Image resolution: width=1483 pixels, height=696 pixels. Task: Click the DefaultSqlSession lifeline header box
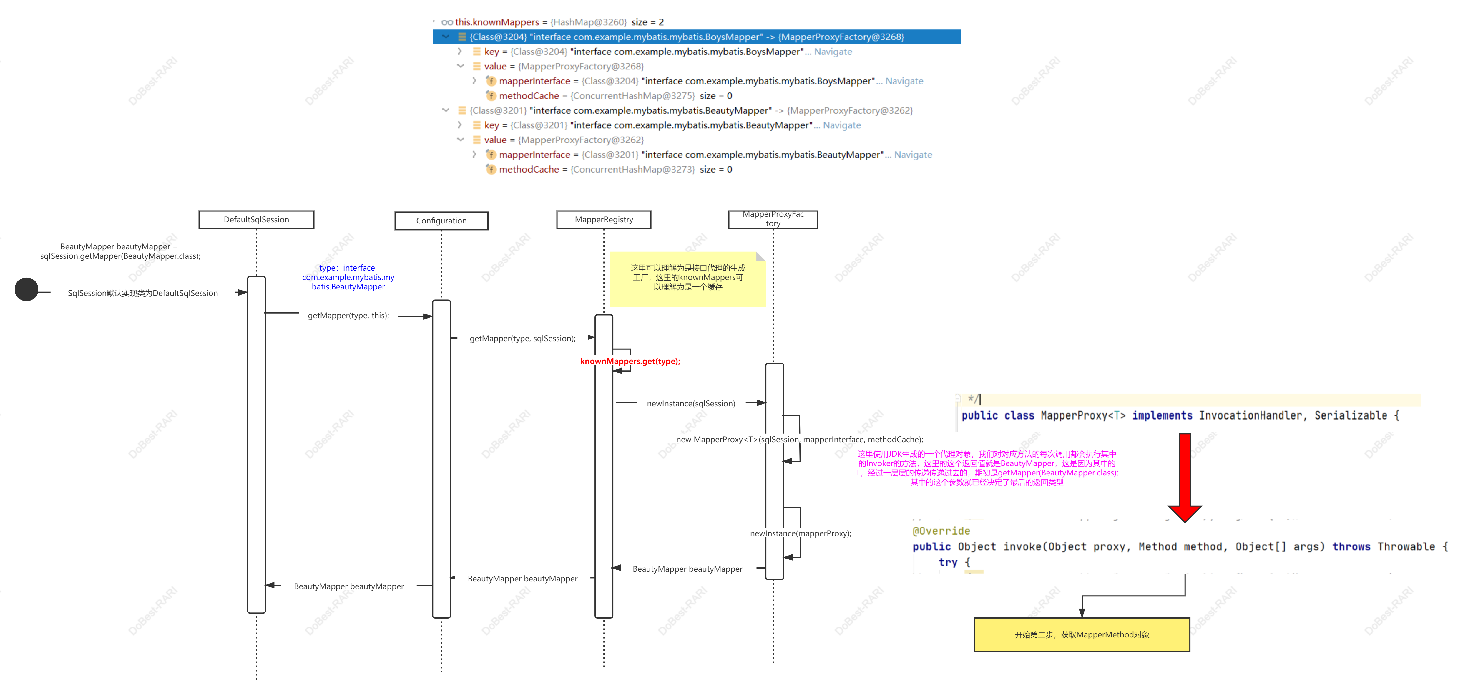(x=256, y=219)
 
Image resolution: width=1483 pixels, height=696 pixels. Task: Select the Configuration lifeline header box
(x=441, y=221)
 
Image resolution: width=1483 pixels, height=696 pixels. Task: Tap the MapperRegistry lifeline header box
(x=603, y=219)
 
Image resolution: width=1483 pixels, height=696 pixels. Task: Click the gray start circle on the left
(x=26, y=289)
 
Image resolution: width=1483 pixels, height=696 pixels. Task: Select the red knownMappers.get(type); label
(x=630, y=361)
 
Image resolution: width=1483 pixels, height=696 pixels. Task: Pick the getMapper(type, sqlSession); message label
(x=522, y=338)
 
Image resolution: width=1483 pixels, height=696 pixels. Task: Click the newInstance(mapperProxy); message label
(x=800, y=533)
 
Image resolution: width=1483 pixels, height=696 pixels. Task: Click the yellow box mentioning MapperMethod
(x=1082, y=634)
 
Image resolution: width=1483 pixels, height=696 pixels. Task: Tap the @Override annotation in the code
(x=941, y=531)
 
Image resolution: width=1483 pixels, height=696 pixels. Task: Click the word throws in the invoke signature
(x=1351, y=546)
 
